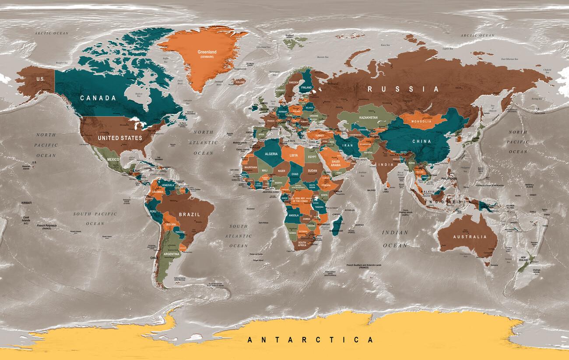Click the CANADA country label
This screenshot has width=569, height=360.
tap(98, 98)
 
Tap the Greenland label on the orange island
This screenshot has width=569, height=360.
tap(207, 52)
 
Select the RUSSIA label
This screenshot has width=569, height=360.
tap(403, 89)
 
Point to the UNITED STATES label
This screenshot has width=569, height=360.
tap(120, 138)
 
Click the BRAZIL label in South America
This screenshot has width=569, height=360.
tap(189, 215)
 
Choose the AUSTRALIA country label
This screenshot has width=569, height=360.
tap(470, 237)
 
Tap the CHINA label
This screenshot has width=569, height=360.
tap(421, 141)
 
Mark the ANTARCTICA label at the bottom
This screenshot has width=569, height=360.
tap(310, 339)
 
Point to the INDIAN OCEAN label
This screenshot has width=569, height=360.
tap(395, 239)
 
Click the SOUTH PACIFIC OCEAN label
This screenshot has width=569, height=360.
tap(95, 219)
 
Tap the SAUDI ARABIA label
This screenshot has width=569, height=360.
tap(336, 163)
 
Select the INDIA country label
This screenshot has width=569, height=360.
tap(386, 165)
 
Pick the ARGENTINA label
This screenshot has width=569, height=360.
tap(171, 254)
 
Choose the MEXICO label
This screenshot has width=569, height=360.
tap(113, 160)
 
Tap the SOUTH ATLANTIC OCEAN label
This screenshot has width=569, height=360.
tap(239, 236)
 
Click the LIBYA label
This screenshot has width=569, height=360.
tap(294, 155)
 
